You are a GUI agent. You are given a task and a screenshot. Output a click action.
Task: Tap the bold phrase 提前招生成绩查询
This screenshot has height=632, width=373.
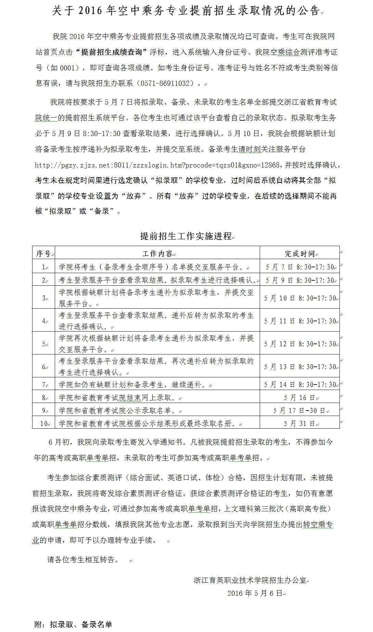[x=111, y=52]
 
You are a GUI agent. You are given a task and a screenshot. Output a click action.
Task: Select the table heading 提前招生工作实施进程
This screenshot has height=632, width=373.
[x=186, y=236]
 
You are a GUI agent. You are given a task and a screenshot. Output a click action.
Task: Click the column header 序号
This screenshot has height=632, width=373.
[x=43, y=254]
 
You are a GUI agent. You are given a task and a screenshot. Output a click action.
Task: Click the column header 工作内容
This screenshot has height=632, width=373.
[x=157, y=254]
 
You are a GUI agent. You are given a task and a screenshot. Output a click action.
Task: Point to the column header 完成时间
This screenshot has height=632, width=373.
[x=299, y=254]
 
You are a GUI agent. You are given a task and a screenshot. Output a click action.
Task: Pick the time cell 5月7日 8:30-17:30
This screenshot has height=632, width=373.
[x=299, y=267]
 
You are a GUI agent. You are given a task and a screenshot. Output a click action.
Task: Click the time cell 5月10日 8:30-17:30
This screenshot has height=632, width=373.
[x=299, y=298]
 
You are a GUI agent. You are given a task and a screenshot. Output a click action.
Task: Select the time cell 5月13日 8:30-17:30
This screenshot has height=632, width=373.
[x=299, y=367]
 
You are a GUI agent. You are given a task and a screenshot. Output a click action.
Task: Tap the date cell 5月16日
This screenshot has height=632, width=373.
[x=299, y=398]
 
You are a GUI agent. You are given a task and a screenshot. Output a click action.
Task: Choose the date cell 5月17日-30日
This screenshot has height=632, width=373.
[x=299, y=411]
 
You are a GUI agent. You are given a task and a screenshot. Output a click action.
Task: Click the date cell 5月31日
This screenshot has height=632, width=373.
[x=299, y=423]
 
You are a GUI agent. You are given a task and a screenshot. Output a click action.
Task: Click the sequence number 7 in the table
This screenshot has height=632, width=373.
[x=43, y=385]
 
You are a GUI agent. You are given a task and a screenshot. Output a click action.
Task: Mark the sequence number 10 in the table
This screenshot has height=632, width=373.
[x=43, y=423]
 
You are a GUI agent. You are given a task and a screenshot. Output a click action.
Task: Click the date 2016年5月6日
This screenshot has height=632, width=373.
[x=255, y=593]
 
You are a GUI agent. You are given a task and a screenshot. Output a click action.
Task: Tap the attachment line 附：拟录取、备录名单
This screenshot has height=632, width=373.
[x=74, y=624]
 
